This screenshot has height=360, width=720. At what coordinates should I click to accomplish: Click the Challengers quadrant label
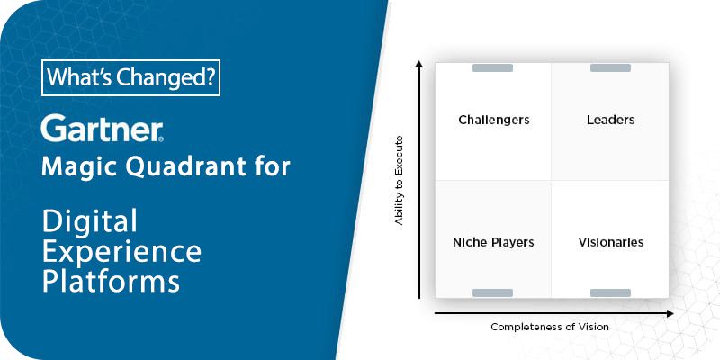pos(493,120)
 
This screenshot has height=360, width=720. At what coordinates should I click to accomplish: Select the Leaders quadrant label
pos(610,120)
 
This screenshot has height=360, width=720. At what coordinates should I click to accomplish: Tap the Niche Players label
pos(493,242)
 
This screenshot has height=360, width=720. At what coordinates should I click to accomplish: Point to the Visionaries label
pos(610,242)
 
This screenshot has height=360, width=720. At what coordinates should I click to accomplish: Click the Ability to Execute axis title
pos(400,180)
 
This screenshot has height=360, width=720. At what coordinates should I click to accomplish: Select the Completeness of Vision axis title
pos(549,327)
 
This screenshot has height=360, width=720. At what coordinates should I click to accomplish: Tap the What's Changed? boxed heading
pos(130,79)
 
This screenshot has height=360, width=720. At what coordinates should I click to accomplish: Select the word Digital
pos(89,220)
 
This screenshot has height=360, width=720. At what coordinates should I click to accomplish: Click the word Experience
pos(121,249)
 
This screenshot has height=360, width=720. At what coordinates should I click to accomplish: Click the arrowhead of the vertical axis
pos(419,64)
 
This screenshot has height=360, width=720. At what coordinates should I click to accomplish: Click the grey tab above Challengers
pos(492,68)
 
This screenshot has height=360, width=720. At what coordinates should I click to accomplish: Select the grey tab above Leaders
pos(610,68)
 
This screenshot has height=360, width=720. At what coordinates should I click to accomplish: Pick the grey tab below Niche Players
pos(492,292)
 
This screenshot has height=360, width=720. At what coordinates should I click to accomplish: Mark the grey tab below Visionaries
pos(610,292)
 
